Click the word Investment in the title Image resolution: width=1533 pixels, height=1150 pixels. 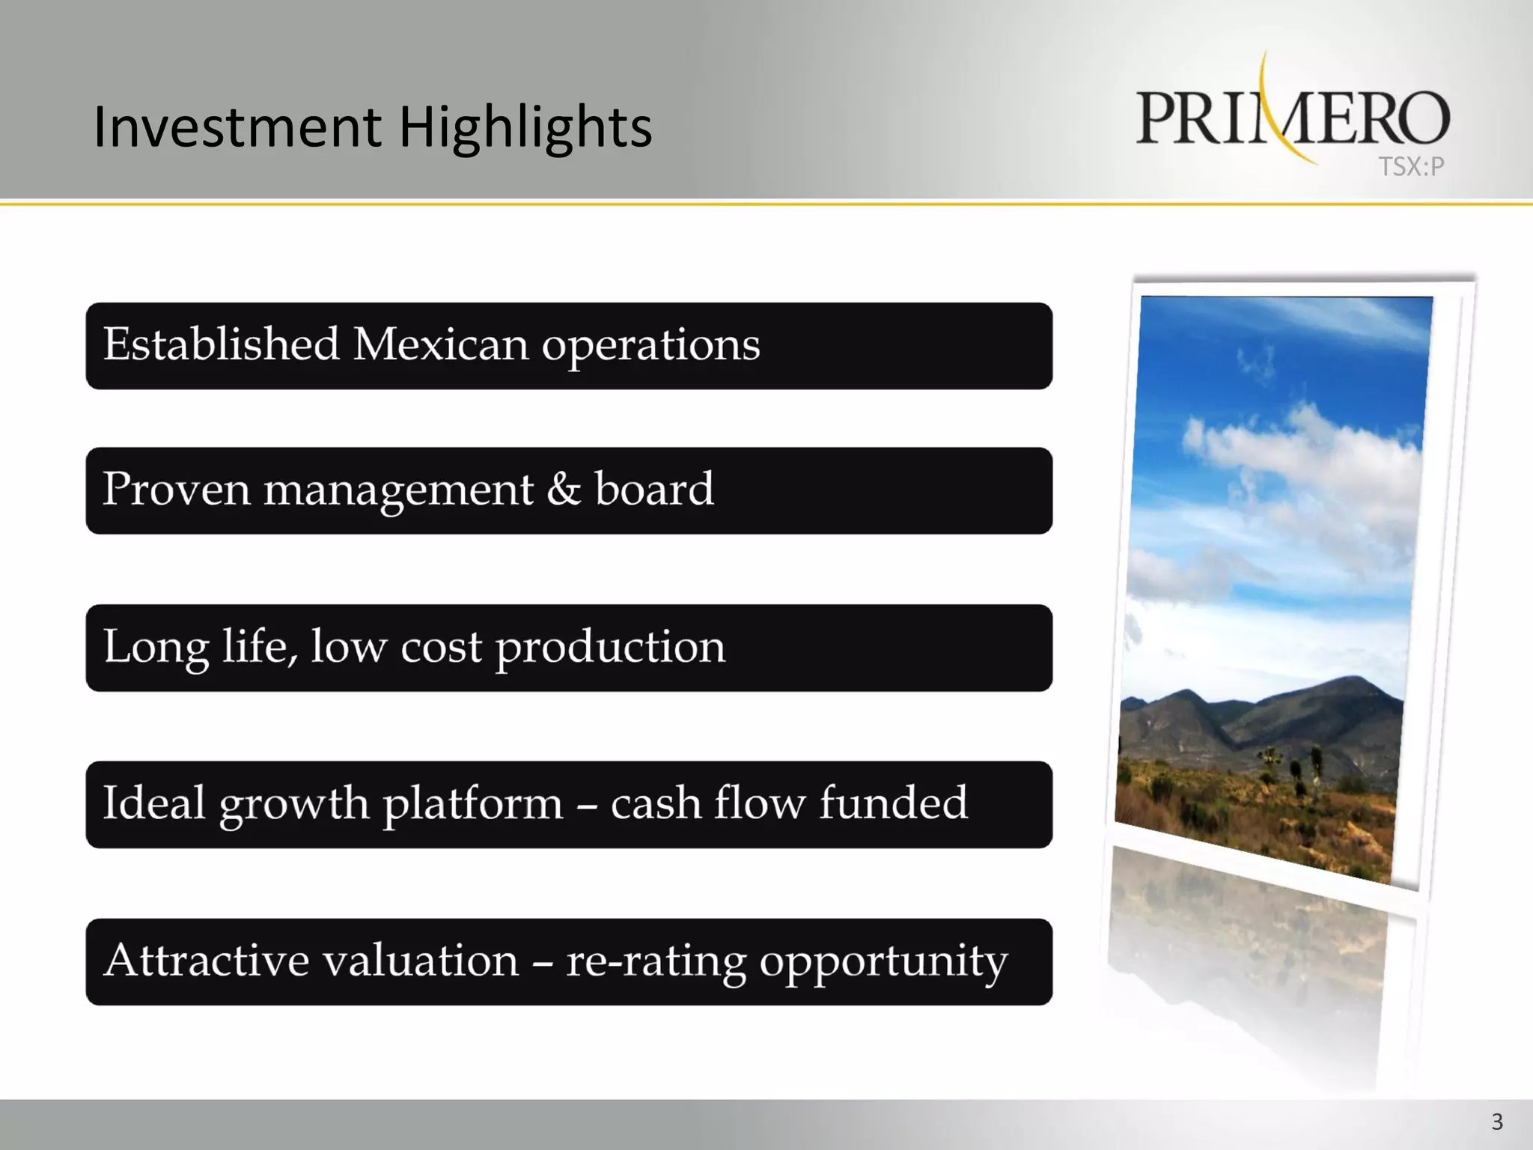click(x=237, y=127)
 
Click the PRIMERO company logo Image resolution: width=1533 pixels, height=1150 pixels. click(x=1293, y=116)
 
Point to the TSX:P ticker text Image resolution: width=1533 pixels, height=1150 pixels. click(x=1411, y=166)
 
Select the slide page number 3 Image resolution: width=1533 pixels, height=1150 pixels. click(x=1496, y=1122)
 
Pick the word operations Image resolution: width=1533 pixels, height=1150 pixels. click(x=650, y=347)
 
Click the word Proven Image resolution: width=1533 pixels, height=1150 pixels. click(x=176, y=490)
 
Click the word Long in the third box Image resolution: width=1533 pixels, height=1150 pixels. click(x=156, y=647)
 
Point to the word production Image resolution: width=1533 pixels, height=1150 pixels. click(x=610, y=648)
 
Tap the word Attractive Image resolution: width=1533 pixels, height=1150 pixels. click(x=206, y=961)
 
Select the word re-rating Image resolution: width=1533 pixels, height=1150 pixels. click(x=656, y=962)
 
